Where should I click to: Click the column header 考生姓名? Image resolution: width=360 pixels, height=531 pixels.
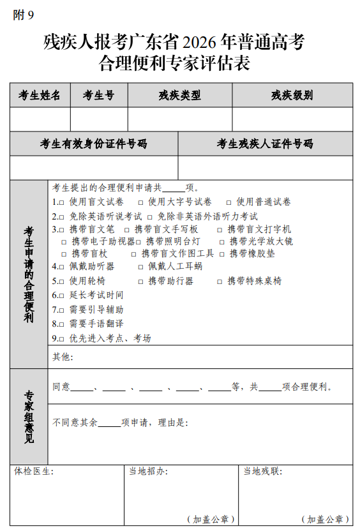(40, 96)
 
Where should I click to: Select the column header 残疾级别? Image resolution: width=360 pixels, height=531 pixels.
(292, 96)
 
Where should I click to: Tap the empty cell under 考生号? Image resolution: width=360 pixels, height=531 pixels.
(98, 119)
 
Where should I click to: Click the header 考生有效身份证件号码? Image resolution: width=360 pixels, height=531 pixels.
(93, 144)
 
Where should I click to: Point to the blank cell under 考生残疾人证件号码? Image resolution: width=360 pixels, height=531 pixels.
(265, 168)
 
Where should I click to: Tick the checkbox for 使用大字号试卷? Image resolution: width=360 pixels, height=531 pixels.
(140, 202)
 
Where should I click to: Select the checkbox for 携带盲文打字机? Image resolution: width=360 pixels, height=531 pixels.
(220, 230)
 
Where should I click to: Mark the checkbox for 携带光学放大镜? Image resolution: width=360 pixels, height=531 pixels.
(222, 242)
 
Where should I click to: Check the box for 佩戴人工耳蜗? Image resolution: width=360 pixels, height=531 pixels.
(141, 267)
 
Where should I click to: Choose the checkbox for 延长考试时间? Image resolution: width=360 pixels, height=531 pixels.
(63, 295)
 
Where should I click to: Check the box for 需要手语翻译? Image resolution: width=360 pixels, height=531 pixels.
(63, 324)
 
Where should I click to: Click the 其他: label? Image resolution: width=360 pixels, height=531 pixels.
(63, 357)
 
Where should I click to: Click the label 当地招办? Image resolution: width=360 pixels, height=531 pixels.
(148, 472)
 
